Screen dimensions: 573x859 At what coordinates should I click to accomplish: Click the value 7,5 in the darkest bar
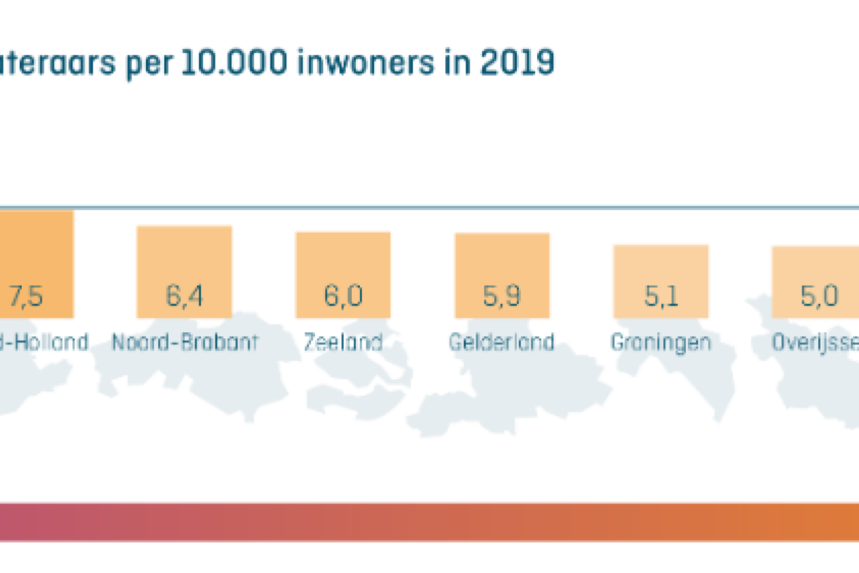[x=27, y=297]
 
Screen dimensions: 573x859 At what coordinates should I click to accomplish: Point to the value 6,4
[x=184, y=297]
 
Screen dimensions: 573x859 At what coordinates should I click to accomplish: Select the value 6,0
[x=343, y=297]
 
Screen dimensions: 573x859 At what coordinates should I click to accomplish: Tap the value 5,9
[x=502, y=297]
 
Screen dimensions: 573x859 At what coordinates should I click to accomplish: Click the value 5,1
[x=661, y=297]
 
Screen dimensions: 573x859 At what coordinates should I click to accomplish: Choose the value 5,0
[x=819, y=297]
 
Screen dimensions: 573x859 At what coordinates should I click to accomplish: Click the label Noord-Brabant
[x=185, y=342]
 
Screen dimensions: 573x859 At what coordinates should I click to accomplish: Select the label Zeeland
[x=343, y=342]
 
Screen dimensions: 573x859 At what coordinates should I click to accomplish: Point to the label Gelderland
[x=501, y=342]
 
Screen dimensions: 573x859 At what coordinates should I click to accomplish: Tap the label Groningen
[x=661, y=342]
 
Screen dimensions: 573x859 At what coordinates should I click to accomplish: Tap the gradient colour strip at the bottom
[x=429, y=522]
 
